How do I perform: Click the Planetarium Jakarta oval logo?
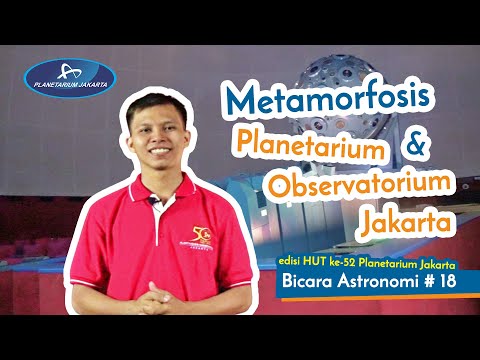[x=71, y=77]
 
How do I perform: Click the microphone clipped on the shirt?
[x=155, y=201]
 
